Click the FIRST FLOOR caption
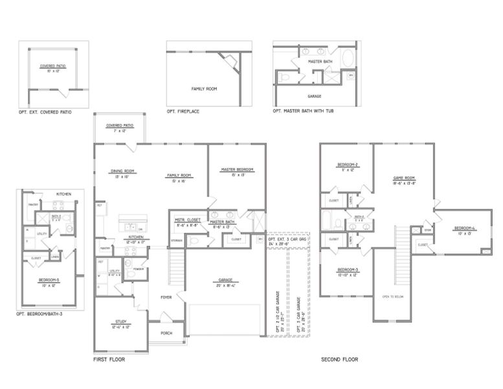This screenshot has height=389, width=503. click(x=109, y=359)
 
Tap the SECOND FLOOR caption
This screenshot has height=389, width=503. click(x=339, y=359)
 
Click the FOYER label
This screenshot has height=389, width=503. click(x=166, y=298)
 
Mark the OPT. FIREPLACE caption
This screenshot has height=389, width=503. click(x=183, y=112)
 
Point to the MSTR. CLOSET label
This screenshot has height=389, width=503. click(x=186, y=221)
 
